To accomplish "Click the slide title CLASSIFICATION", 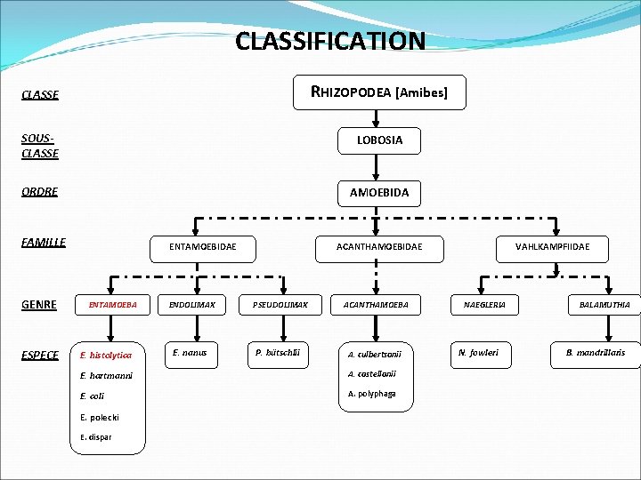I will (x=330, y=41).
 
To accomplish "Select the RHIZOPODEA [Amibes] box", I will (x=379, y=92).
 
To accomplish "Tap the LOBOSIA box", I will (x=379, y=140).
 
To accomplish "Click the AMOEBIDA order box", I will (x=379, y=192).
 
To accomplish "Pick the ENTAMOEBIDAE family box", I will (x=203, y=246).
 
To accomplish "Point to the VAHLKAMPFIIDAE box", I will (x=552, y=246).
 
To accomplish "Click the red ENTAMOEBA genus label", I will (x=113, y=305).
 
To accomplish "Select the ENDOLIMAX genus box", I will (x=193, y=305).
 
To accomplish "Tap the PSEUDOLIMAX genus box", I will (x=280, y=305).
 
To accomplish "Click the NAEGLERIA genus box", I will (x=484, y=305).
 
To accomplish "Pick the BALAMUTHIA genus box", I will (x=604, y=305).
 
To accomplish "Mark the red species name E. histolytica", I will (x=106, y=356).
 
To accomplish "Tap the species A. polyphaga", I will (x=371, y=394).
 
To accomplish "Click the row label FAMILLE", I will (x=44, y=242).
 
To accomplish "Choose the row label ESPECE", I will (x=40, y=356).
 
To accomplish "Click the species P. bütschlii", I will (x=278, y=353).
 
